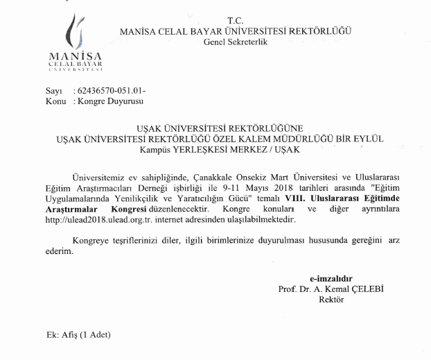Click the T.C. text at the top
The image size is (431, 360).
click(x=236, y=22)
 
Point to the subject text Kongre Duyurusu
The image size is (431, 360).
click(x=110, y=101)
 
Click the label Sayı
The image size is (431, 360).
click(x=53, y=92)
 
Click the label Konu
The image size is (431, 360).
click(x=55, y=101)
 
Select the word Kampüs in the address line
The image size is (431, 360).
click(x=156, y=148)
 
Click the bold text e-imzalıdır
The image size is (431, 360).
click(x=331, y=279)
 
